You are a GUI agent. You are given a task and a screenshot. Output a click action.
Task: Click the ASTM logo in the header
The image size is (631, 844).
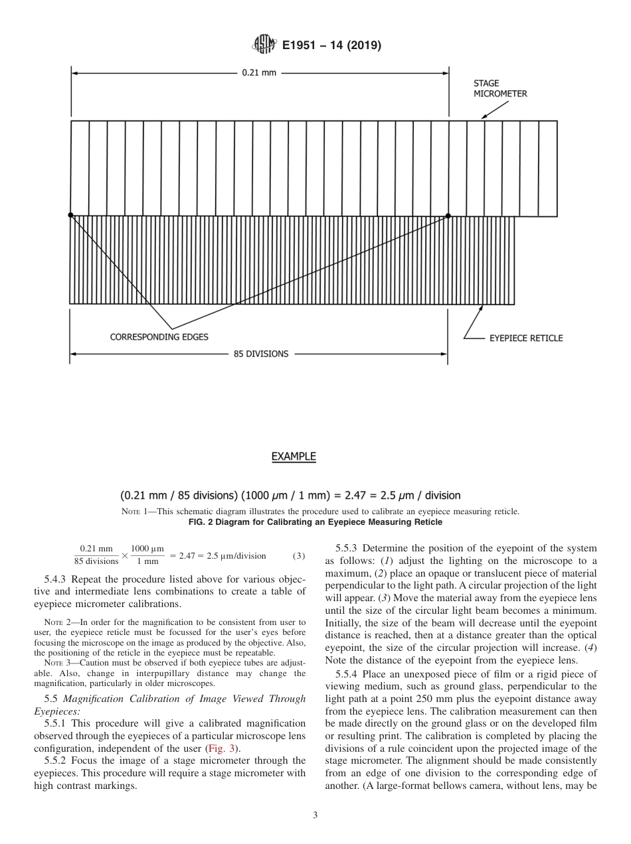click(x=264, y=46)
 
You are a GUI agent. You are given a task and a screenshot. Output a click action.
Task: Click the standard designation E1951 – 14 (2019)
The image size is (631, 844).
click(x=331, y=46)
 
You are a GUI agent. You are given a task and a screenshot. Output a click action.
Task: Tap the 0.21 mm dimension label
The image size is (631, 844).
click(x=258, y=72)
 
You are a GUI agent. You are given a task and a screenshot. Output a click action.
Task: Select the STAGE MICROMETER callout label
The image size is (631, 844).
click(x=499, y=89)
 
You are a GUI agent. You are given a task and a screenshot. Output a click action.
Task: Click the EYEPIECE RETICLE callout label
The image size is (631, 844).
click(x=525, y=338)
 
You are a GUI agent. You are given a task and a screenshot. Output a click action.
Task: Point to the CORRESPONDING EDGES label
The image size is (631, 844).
click(x=159, y=337)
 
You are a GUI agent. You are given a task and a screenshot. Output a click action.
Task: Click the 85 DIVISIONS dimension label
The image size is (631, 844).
click(x=260, y=354)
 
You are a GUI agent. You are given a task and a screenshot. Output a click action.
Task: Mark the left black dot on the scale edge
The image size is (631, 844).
click(x=71, y=215)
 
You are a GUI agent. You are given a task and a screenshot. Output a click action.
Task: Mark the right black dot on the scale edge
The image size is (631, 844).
click(x=448, y=215)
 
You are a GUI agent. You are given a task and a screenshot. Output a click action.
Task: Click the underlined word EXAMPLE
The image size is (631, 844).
click(x=293, y=457)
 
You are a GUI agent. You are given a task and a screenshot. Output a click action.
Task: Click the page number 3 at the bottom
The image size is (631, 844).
click(x=315, y=815)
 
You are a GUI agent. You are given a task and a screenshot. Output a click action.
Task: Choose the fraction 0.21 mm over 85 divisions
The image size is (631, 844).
click(x=96, y=555)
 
